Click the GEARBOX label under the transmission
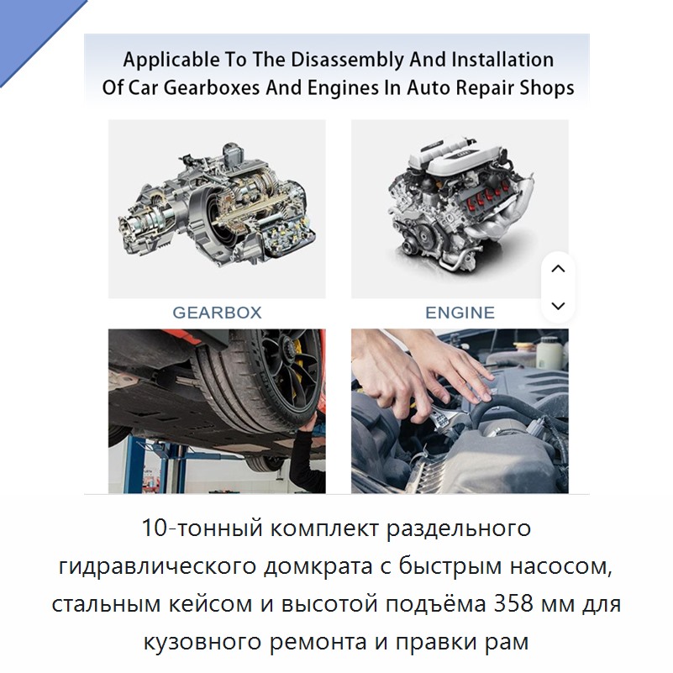[217, 313]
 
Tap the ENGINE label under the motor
[460, 313]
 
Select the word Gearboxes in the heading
[212, 87]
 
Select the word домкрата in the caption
[318, 566]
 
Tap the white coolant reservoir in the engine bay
[549, 353]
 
